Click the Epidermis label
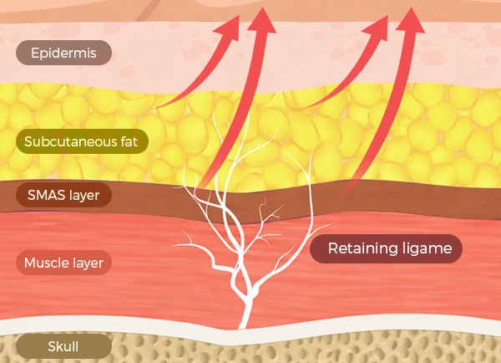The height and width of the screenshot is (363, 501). (x=63, y=54)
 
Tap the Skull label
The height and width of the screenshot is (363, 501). (x=63, y=346)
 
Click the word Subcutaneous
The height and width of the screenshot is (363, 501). (x=63, y=141)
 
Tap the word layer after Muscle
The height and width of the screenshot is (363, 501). (x=88, y=263)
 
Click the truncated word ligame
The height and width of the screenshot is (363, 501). (x=430, y=248)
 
